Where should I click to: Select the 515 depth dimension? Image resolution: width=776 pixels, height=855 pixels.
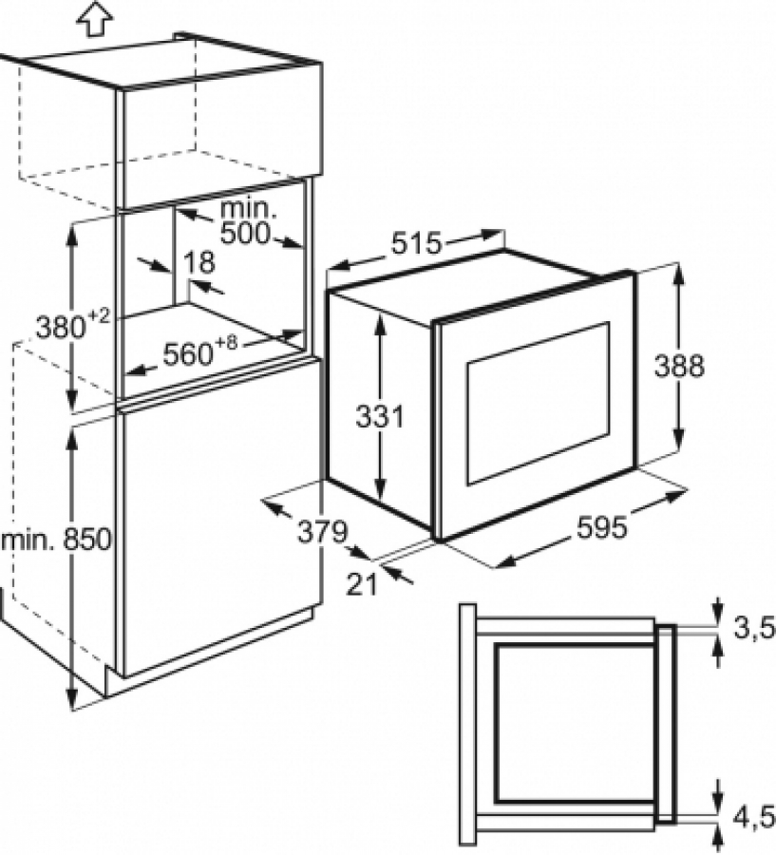coord(415,244)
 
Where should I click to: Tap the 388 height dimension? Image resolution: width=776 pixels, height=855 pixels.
coord(679,366)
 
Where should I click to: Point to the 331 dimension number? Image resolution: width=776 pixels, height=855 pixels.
coord(380,417)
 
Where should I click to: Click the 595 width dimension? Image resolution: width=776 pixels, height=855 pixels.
coord(602,527)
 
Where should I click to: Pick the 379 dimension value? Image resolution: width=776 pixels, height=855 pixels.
coord(322,531)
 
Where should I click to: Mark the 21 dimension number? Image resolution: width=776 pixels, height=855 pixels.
coord(362,585)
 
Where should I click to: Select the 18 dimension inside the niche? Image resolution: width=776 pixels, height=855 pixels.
coord(199,262)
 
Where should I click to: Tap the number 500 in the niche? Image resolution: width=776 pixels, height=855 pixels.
coord(245,234)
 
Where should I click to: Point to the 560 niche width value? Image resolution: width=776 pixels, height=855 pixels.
coord(188,355)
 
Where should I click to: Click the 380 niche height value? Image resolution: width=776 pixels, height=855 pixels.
coord(61,327)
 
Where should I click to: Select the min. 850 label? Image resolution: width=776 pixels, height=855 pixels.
coord(56,541)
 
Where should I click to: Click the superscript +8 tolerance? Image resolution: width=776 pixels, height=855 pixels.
coord(226,344)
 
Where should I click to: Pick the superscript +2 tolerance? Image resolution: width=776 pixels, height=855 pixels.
coord(99,315)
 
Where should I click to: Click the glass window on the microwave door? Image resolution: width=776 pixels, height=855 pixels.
coord(539,403)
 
